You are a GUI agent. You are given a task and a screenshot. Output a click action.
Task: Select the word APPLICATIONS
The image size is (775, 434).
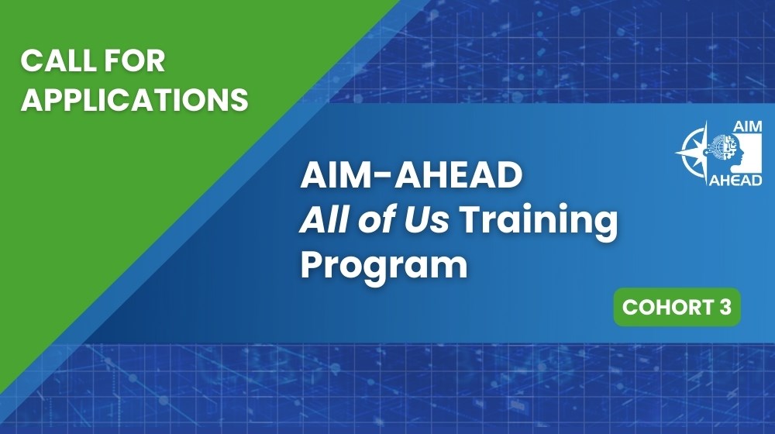(x=134, y=99)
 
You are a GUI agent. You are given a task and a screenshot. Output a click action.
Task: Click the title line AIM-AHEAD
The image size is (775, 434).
(x=411, y=177)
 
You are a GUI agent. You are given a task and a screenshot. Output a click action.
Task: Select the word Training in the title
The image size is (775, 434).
(x=540, y=222)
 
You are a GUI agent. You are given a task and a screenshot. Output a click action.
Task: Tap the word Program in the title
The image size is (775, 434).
(x=384, y=266)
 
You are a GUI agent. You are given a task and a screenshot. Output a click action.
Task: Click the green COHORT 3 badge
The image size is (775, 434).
(x=677, y=307)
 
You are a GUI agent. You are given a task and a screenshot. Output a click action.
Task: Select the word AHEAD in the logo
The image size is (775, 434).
(x=735, y=180)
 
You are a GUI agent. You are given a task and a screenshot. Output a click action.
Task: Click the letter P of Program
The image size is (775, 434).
(x=312, y=264)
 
